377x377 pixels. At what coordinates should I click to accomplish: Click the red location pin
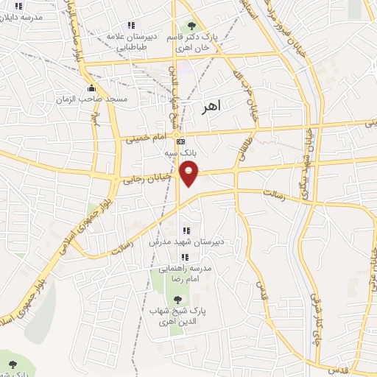(190, 174)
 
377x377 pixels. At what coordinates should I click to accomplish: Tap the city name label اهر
(211, 108)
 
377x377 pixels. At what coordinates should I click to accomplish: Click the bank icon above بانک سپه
(180, 141)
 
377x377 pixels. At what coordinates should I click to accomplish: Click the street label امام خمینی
(147, 137)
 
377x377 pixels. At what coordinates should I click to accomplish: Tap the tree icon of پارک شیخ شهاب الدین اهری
(177, 299)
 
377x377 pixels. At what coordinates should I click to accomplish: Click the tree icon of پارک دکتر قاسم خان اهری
(191, 27)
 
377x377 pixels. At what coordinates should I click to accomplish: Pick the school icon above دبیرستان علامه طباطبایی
(131, 27)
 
